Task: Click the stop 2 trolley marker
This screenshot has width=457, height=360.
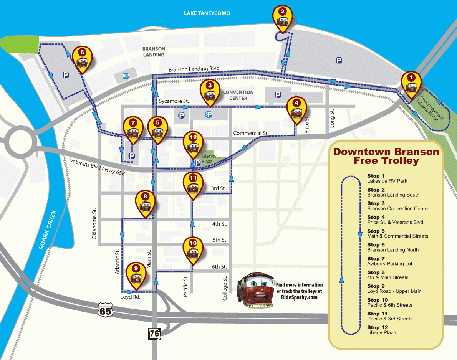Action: coord(283,18)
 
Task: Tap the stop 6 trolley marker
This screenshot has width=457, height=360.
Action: coord(81,59)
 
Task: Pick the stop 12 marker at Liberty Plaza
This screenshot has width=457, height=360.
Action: coord(193,144)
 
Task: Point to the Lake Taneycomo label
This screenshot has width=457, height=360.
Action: coord(207,13)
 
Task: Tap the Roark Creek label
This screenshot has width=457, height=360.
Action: coord(48,230)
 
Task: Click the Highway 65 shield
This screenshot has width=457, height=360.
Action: coord(105,309)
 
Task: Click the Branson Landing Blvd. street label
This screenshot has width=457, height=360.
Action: coord(194,69)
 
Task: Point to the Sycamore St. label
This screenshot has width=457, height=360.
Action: coord(174,101)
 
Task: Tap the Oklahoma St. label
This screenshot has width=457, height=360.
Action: coord(94,225)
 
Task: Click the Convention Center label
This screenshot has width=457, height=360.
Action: coord(238,95)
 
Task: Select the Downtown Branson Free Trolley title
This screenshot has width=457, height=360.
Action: coord(386,156)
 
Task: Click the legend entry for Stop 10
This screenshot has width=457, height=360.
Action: coord(389,302)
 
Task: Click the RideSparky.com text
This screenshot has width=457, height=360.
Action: coord(299,297)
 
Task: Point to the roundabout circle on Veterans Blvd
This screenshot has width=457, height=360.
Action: coord(20,142)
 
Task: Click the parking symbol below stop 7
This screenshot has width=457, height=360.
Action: coord(132,156)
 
